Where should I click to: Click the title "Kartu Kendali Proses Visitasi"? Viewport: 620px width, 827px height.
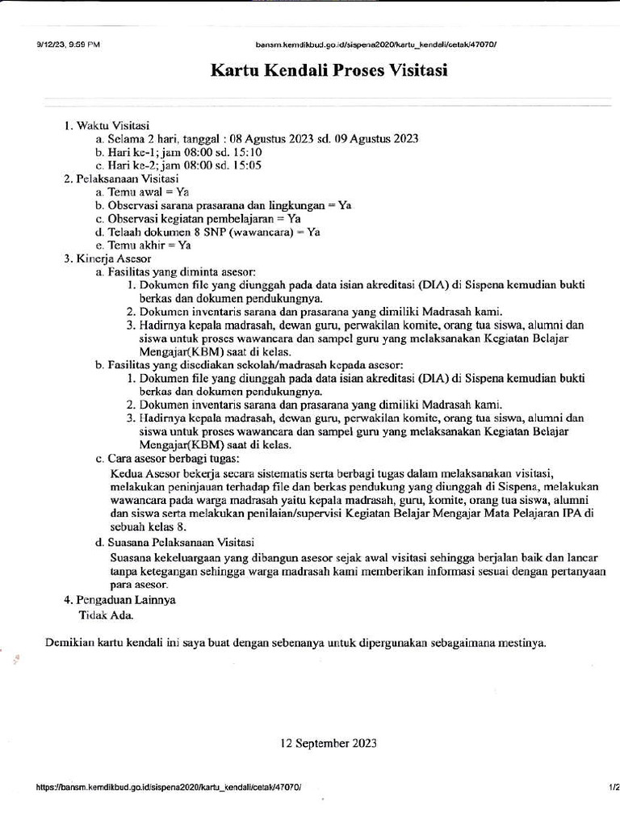tap(329, 70)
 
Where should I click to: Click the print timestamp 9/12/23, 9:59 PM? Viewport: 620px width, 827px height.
tap(68, 44)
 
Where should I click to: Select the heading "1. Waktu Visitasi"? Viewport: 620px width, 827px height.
tap(107, 125)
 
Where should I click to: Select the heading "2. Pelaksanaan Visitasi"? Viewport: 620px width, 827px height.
tap(121, 178)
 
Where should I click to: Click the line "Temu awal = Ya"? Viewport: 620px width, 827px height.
tap(142, 192)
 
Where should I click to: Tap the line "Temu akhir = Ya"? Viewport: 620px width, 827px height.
tap(143, 245)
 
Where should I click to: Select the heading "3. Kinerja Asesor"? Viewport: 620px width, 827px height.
tap(107, 258)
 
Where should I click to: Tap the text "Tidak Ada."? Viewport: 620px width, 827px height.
tap(106, 614)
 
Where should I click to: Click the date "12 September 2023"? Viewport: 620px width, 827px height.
tap(328, 743)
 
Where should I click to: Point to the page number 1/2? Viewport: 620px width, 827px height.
tap(612, 785)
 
